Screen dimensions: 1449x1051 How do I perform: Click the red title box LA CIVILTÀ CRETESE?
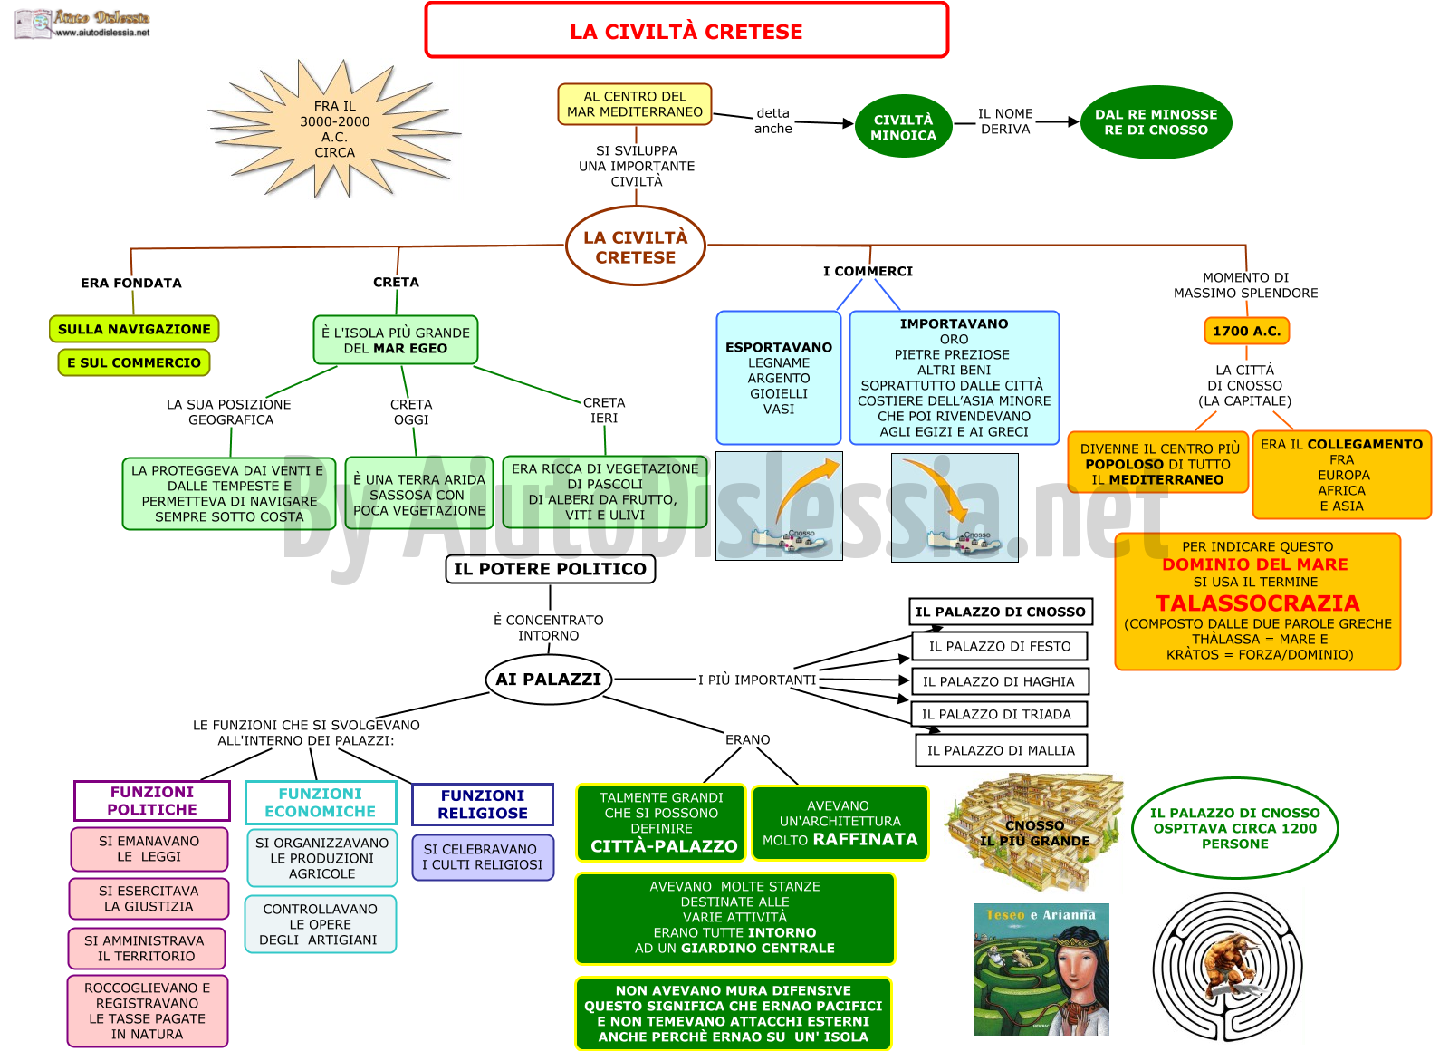pos(686,31)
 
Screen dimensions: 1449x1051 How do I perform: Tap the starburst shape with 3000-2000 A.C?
pos(334,129)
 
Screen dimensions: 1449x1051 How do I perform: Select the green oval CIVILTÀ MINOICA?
pos(903,127)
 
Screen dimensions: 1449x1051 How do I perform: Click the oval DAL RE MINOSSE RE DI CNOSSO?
pos(1156,122)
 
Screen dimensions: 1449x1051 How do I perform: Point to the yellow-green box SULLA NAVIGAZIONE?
pos(134,329)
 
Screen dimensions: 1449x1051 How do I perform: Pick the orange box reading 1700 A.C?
pos(1246,331)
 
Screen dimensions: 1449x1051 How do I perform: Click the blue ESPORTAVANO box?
pos(778,377)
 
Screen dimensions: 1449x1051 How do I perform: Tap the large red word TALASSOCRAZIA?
pos(1258,603)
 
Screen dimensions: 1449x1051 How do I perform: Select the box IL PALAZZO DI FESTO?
pos(1000,646)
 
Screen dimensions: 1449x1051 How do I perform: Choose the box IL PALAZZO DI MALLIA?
pos(1001,750)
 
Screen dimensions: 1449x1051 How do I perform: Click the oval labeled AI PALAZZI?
pos(549,679)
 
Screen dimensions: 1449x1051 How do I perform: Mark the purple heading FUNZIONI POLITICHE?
pos(152,801)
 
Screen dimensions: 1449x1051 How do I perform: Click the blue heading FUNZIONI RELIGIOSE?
pos(483,804)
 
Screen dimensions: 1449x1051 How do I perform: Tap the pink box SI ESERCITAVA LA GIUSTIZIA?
pos(149,898)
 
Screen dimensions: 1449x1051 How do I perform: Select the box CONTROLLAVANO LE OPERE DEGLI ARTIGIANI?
pos(321,924)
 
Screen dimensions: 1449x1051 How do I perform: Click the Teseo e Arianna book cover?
pos(1041,969)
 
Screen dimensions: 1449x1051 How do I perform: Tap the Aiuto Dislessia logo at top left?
pos(82,24)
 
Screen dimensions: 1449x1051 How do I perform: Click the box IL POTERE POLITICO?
pos(550,569)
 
